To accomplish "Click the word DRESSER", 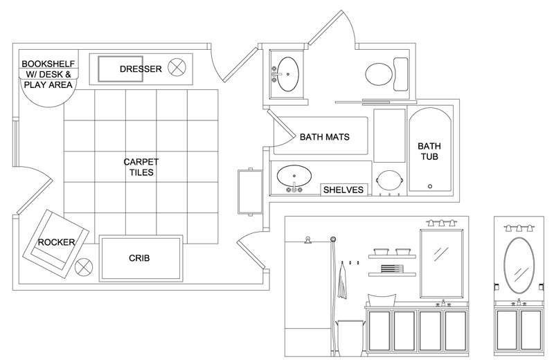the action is tap(141, 69).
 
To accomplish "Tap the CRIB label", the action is tap(139, 258).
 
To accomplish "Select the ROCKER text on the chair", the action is tap(57, 242).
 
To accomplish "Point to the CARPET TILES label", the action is tap(141, 167).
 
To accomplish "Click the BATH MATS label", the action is tap(325, 137).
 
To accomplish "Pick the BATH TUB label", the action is tap(429, 151).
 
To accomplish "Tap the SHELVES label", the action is tap(343, 190).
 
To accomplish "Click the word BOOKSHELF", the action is tap(48, 64).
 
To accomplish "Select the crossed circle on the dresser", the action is tap(177, 67).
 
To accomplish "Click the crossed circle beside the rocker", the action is tap(84, 267).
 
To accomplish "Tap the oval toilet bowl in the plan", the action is tap(379, 74).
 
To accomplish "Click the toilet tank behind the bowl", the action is tap(401, 74).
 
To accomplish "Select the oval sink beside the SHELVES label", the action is tap(294, 175).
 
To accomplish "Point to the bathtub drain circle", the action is tap(430, 186).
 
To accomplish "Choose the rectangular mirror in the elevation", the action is tap(442, 264).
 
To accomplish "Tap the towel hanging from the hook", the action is tap(342, 281).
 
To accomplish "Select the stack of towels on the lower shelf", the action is tap(392, 269).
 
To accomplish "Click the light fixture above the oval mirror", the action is tap(519, 228).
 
